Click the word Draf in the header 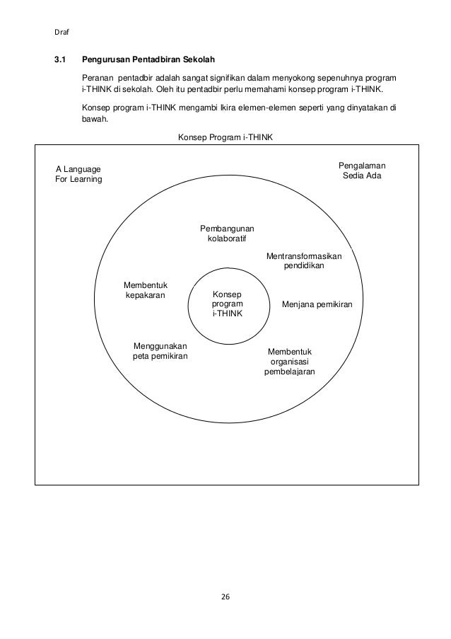click(x=61, y=30)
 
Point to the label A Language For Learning click(x=78, y=174)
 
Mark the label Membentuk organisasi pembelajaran click(x=290, y=362)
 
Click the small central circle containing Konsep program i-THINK click(x=227, y=304)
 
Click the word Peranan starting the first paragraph click(x=99, y=77)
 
